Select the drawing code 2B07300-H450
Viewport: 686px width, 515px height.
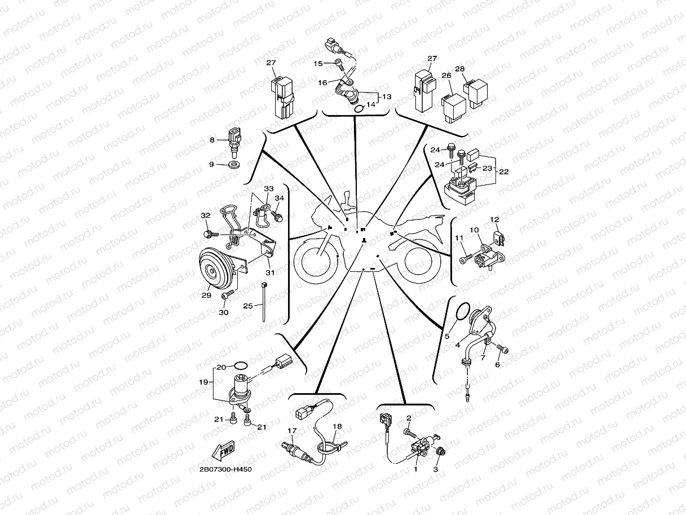(225, 469)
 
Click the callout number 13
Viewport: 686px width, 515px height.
(387, 96)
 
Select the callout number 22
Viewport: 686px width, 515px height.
(504, 171)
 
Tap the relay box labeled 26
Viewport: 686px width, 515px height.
(453, 108)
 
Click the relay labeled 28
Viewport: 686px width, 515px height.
(475, 93)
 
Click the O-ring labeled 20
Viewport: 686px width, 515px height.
(241, 365)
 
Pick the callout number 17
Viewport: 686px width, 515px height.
(292, 431)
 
